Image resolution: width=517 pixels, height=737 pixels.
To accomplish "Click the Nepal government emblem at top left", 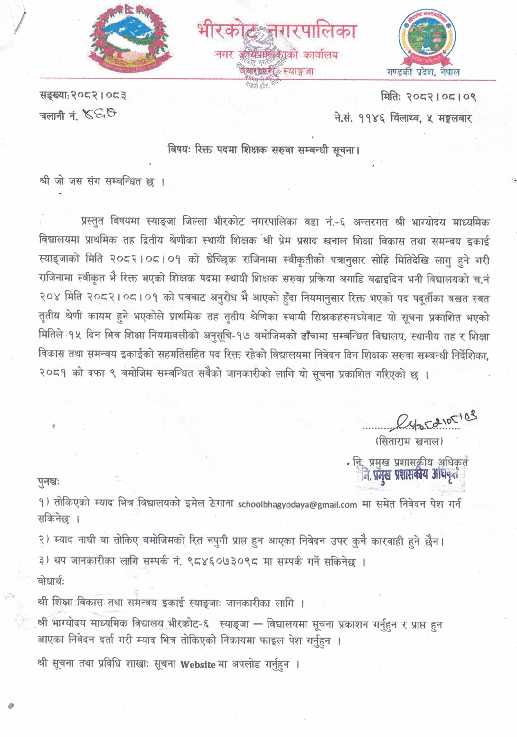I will pos(128,42).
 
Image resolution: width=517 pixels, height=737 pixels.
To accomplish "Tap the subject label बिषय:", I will pos(179,150).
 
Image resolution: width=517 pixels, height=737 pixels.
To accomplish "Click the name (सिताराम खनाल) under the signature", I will pos(409,441).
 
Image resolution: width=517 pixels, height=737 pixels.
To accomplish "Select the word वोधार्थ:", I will pos(51,582).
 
